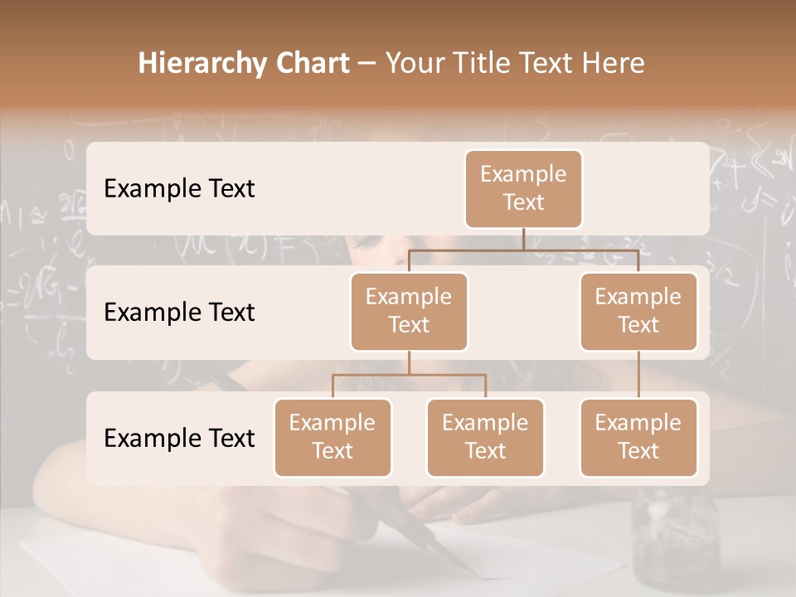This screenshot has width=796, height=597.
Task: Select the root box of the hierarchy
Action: click(x=523, y=188)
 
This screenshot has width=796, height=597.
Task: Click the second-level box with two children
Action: click(x=409, y=311)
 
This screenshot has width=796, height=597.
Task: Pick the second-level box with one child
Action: click(x=638, y=311)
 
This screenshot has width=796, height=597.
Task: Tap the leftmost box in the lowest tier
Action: click(x=332, y=437)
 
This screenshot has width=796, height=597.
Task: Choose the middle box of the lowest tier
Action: click(x=485, y=437)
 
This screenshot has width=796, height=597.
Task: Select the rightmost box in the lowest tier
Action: click(x=638, y=437)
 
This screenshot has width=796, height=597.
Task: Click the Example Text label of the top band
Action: click(x=179, y=188)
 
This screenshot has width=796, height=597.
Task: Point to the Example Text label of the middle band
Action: click(x=179, y=312)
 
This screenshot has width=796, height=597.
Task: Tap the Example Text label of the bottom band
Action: click(x=179, y=438)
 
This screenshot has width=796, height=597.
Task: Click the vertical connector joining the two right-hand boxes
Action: click(x=638, y=375)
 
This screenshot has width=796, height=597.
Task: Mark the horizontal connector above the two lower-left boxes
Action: click(x=409, y=375)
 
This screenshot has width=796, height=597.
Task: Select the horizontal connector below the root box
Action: click(x=523, y=250)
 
